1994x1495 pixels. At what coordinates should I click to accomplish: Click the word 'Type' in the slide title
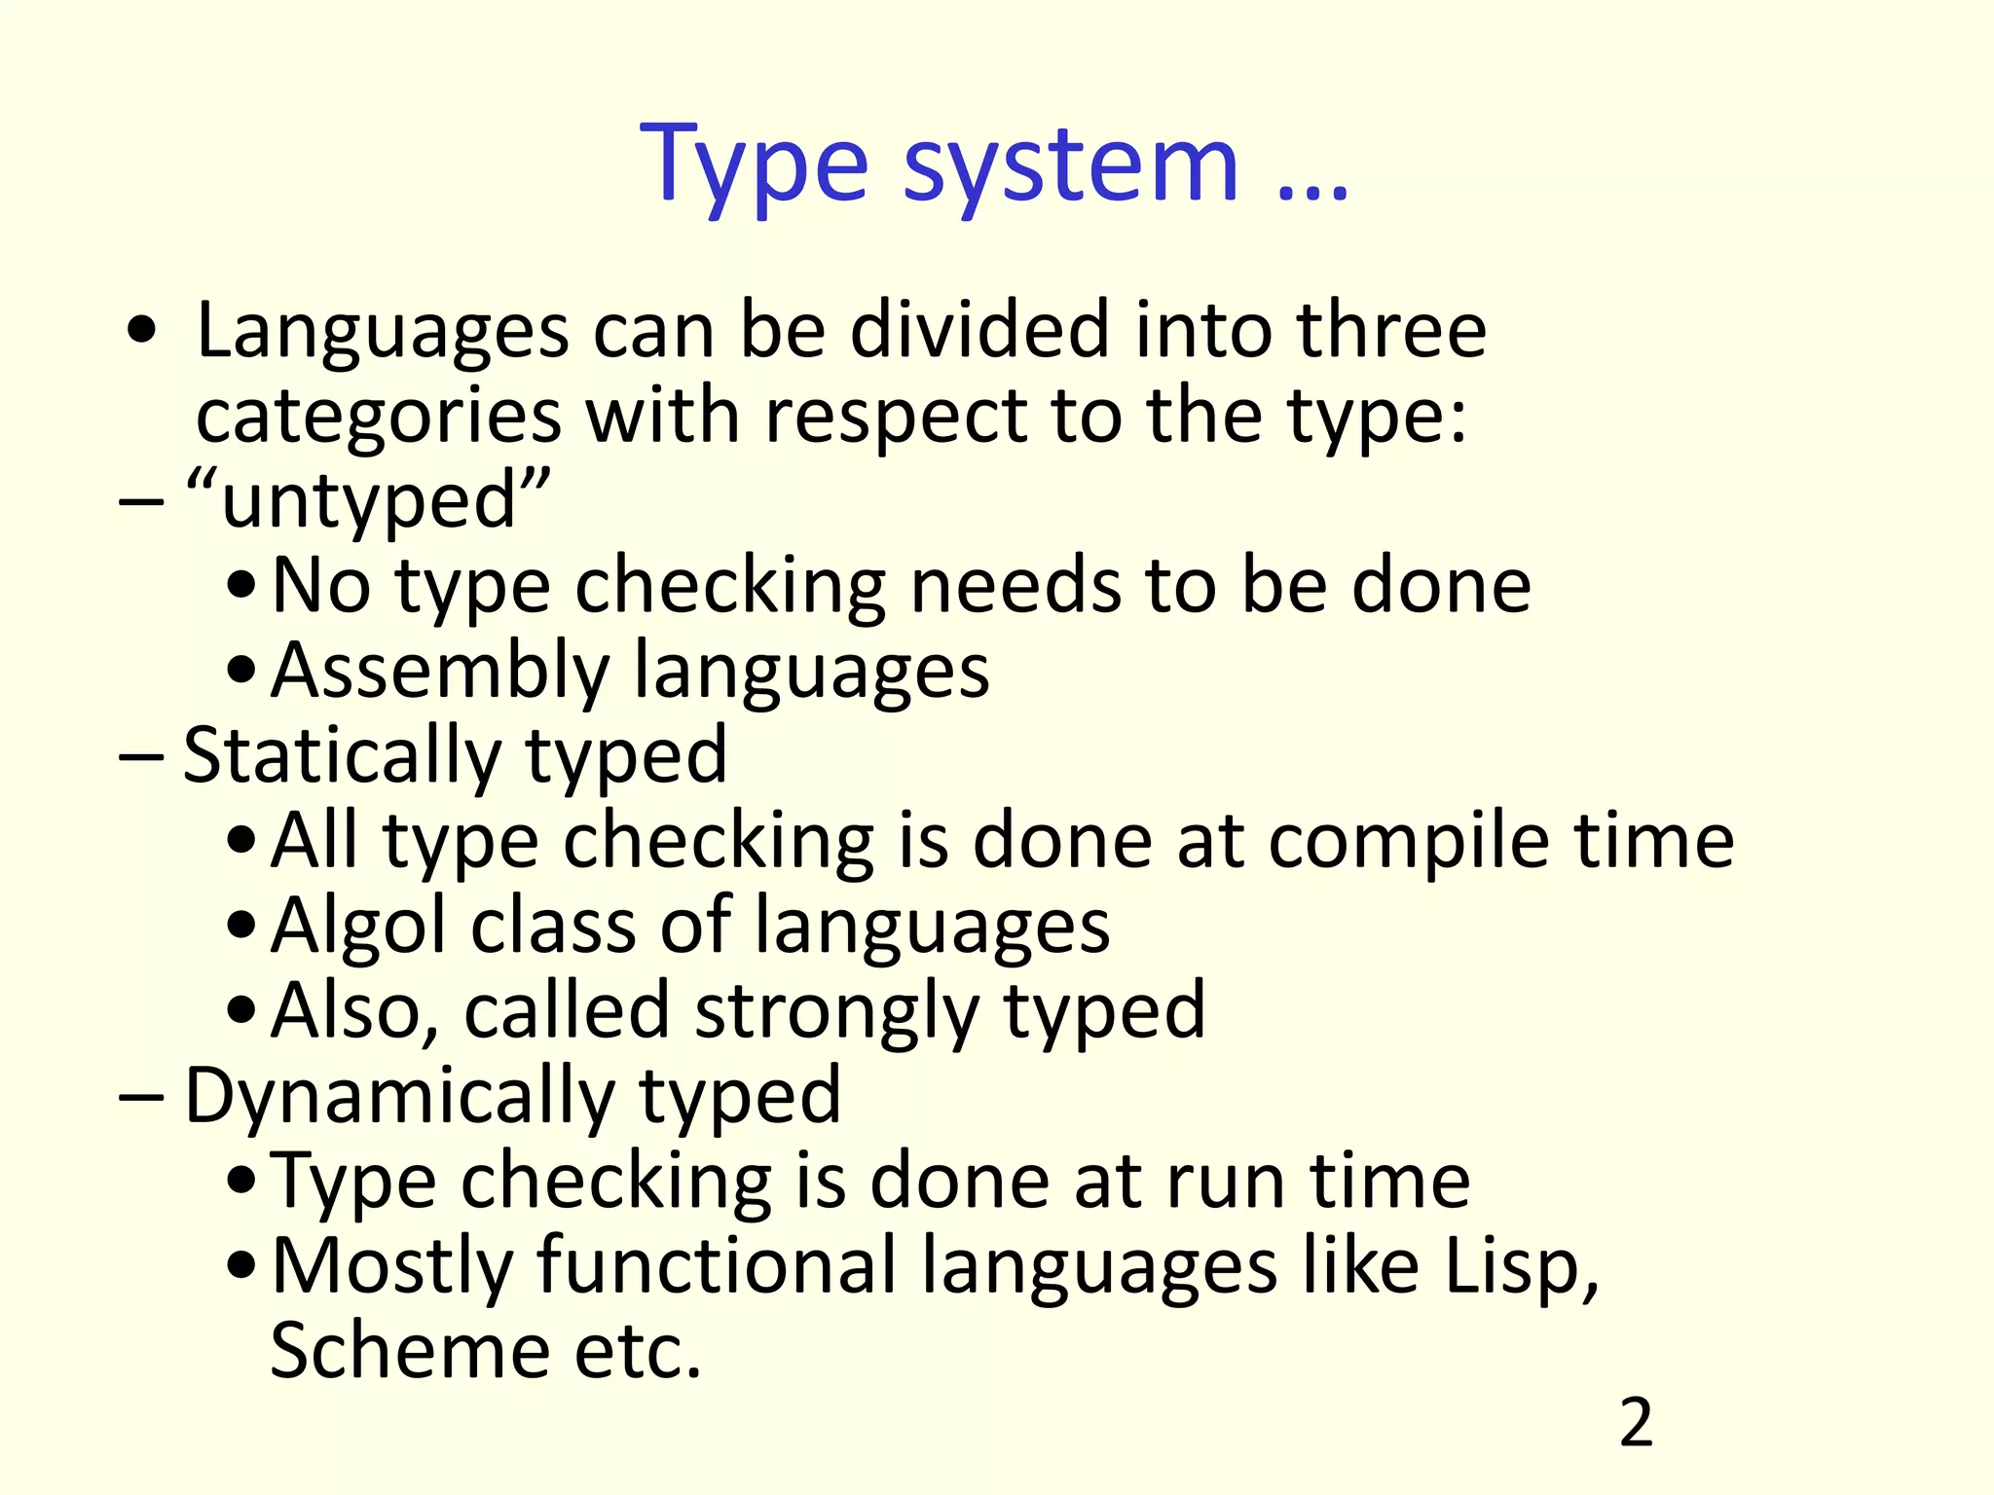pyautogui.click(x=753, y=165)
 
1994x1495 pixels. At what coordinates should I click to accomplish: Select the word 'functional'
pyautogui.click(x=716, y=1266)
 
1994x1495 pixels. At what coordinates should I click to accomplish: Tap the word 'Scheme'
pyautogui.click(x=409, y=1352)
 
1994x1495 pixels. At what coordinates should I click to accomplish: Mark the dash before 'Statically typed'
pyautogui.click(x=140, y=758)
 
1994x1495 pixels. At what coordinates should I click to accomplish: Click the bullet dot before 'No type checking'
pyautogui.click(x=241, y=588)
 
